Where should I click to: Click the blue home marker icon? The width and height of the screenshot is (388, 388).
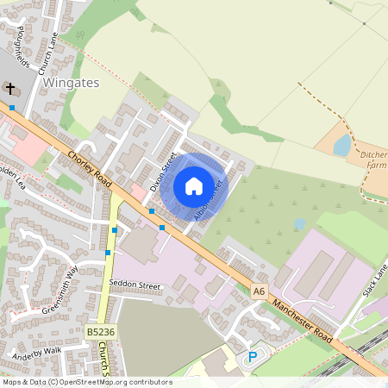[x=193, y=185]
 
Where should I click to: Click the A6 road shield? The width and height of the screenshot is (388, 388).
[x=260, y=291]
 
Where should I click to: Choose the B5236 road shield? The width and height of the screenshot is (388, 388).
[x=100, y=331]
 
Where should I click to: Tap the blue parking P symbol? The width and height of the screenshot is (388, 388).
[x=253, y=357]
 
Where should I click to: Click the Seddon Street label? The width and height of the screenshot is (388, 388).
[x=139, y=285]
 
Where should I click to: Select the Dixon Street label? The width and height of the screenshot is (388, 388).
[x=162, y=172]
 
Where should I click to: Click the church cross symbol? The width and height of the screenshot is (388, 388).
[x=10, y=89]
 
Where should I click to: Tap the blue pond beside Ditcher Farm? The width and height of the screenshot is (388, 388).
[x=342, y=145]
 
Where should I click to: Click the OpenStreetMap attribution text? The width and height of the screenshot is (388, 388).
[x=87, y=382]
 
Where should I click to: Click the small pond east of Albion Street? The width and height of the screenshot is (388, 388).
[x=299, y=224]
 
